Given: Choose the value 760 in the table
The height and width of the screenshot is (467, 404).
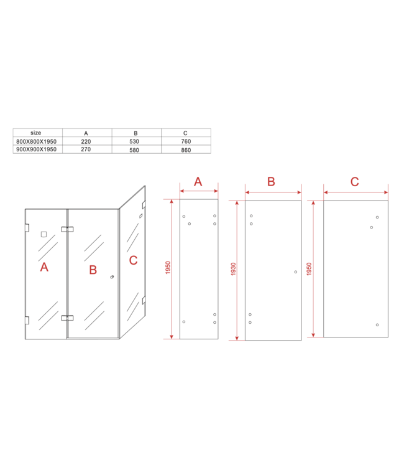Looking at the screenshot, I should coord(186,141).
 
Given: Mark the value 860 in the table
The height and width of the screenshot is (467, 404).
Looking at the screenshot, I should coord(186,149).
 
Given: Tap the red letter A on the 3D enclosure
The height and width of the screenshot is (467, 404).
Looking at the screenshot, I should coord(44,267).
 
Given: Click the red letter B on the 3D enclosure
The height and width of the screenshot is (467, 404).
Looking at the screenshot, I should coord(93,270).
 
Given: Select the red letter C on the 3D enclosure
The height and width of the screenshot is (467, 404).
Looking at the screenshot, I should coord(133,260).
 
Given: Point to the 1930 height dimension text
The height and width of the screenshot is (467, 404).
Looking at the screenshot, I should coord(234,270).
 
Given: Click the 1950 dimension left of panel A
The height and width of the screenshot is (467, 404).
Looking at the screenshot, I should coord(168,268).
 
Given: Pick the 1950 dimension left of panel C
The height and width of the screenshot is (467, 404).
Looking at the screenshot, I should coord(310,268).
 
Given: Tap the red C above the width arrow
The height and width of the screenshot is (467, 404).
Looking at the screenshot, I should coord(354,182).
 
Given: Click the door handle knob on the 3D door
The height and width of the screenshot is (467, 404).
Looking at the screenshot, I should coord(111,278).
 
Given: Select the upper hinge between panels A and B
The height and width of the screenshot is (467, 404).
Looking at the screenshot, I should coord(67,229).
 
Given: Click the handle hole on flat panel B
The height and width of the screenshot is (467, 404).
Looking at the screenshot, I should coord(295,271).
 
